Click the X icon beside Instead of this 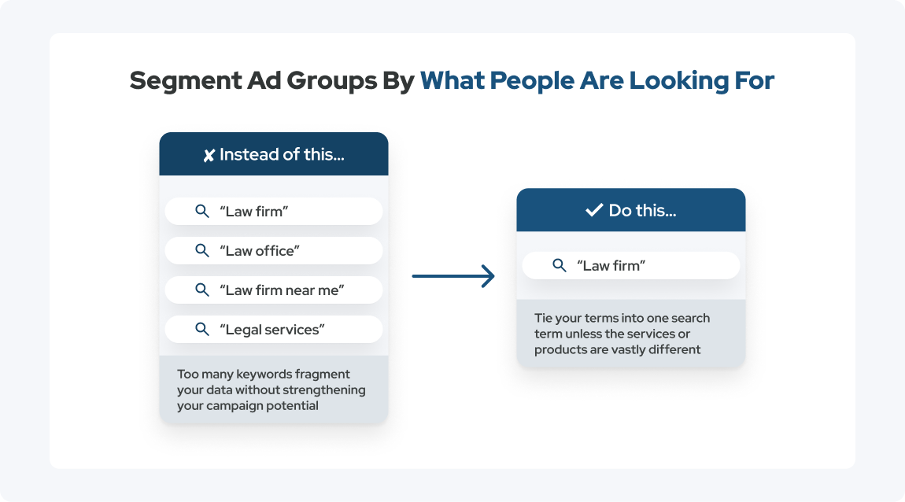209,155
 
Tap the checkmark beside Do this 594,210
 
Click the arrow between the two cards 453,276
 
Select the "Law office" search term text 260,251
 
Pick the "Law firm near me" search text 282,290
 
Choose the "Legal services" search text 271,330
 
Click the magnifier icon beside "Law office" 202,250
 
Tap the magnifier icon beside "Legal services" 202,329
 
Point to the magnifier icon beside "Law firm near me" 202,290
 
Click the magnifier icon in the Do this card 560,265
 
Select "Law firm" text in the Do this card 611,265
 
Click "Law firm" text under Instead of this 254,211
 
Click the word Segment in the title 185,81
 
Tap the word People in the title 532,81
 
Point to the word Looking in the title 678,81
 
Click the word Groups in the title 332,81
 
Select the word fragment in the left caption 323,375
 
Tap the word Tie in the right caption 542,318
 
